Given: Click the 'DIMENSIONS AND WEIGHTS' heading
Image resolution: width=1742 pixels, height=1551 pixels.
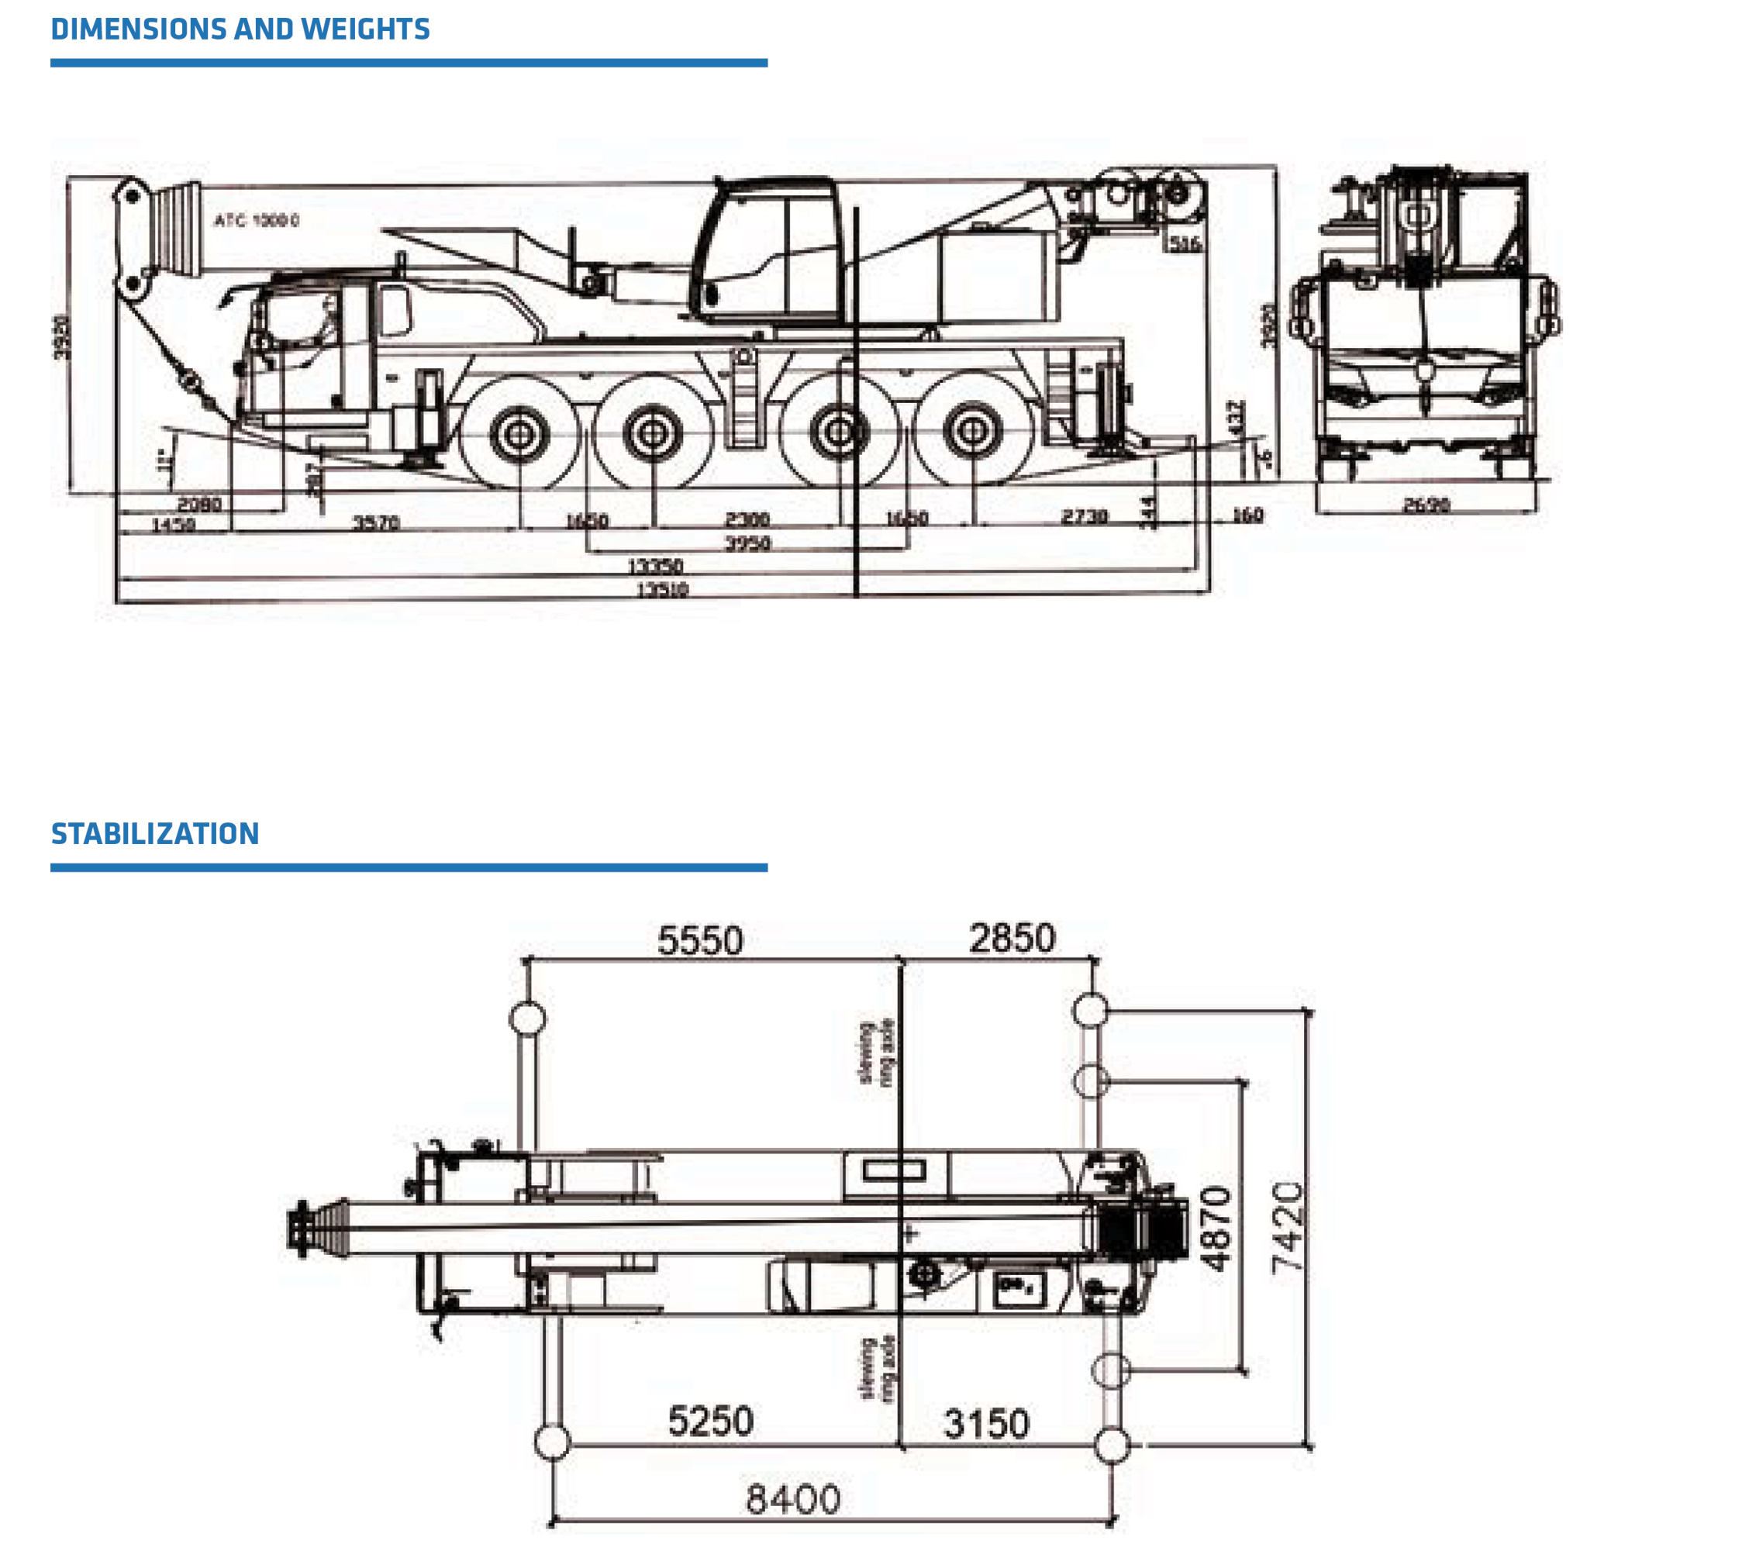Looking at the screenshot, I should point(240,29).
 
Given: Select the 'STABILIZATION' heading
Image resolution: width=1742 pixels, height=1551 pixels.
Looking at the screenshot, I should point(155,833).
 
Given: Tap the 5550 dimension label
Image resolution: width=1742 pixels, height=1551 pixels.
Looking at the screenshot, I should point(701,941).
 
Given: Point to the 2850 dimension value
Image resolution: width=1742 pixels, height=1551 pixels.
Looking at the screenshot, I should point(1012,938).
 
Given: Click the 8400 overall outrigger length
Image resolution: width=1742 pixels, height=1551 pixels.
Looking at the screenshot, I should point(792,1499).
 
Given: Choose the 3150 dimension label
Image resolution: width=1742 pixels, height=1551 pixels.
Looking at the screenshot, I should point(987,1424).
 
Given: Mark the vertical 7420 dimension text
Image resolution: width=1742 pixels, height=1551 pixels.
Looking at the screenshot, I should point(1288,1228).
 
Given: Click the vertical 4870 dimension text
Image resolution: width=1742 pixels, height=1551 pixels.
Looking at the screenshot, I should point(1216,1228).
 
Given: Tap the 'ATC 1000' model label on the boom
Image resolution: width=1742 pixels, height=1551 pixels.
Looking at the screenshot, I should point(257,221).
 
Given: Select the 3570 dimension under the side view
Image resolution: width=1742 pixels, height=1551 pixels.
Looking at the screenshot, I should point(377,522).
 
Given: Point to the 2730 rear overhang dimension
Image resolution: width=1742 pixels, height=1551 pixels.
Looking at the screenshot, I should point(1084,516).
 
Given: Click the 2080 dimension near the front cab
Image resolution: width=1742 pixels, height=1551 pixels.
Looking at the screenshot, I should point(199,504).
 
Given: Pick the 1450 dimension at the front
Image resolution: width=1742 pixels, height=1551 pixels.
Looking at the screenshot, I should point(173,524).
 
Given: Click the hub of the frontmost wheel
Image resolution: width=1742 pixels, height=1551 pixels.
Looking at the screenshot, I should point(518,434).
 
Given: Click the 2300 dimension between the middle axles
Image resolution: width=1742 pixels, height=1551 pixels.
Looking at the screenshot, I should point(747,519).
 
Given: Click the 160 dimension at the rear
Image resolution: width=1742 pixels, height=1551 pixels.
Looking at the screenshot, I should point(1247,515).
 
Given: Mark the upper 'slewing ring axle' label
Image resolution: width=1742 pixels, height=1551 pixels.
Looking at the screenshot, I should point(877,1053).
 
